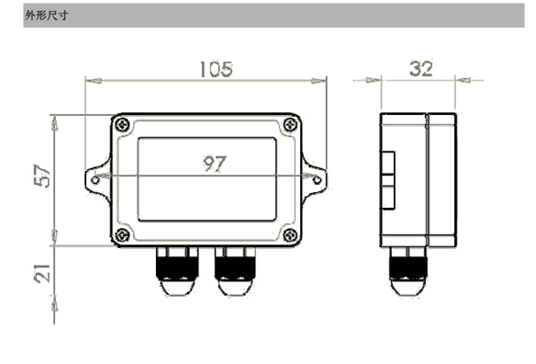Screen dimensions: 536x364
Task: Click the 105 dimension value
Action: point(216,69)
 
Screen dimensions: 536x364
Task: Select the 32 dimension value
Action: point(421,69)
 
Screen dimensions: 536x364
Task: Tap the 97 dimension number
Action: point(215,164)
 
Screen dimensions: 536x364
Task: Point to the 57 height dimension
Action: point(42,176)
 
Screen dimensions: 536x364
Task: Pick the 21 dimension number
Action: point(42,274)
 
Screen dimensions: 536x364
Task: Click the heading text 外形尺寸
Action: point(47,16)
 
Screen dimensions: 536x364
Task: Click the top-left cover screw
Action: point(122,124)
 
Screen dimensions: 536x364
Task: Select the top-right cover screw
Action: point(291,124)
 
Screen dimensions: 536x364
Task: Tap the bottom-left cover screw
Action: point(122,235)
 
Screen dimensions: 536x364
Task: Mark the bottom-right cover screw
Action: point(291,235)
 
